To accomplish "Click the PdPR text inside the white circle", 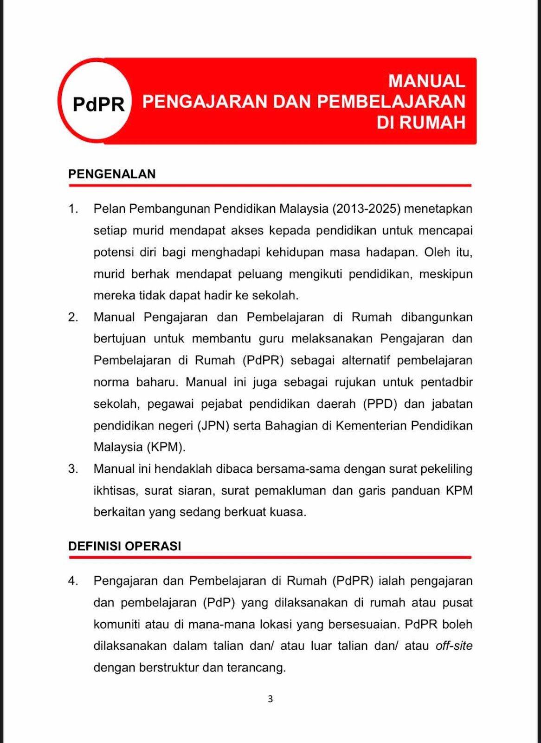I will coord(98,104).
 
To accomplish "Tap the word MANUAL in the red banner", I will coord(426,81).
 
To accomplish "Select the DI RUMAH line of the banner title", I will coord(420,123).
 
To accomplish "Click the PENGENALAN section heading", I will coord(112,174).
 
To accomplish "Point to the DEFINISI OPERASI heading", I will coord(124,546).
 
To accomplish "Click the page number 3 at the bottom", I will coord(270,699).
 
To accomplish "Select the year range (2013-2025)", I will coord(366,209).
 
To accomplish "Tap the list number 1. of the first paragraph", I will coord(73,209).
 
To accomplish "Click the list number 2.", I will coord(73,317).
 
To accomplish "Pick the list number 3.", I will coord(73,469).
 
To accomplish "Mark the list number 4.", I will coord(73,581).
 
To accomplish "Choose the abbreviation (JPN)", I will coord(213,426).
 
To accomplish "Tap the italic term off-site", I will coord(454,646).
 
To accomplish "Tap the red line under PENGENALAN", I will coord(270,185).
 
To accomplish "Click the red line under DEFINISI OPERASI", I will coord(270,557).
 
